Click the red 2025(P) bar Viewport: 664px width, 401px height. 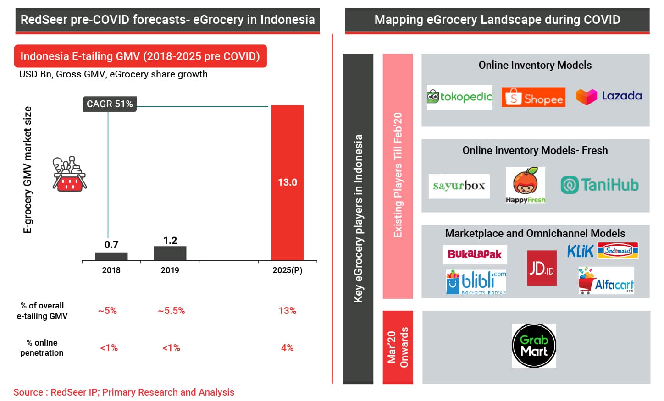(287, 183)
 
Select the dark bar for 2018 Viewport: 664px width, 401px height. (111, 257)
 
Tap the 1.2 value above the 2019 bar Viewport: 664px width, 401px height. (170, 241)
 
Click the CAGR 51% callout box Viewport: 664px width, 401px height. (110, 104)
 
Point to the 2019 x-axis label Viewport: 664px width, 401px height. (170, 270)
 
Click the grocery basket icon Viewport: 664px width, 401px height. (70, 174)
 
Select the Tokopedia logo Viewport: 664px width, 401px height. (459, 97)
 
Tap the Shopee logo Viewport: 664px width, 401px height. (533, 97)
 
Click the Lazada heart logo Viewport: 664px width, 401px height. (586, 97)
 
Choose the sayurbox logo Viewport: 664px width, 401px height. (459, 186)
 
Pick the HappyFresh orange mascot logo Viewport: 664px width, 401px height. (525, 185)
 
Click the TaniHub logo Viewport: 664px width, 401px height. (599, 185)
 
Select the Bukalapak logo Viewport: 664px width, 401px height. (475, 254)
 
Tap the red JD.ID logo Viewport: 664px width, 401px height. (542, 268)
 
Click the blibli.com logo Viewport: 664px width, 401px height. (476, 282)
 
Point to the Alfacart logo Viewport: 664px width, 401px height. (606, 280)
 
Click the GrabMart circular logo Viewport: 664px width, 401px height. (534, 346)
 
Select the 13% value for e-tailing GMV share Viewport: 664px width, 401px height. (287, 311)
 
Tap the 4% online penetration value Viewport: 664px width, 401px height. (287, 348)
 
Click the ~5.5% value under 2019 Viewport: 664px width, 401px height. (172, 311)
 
